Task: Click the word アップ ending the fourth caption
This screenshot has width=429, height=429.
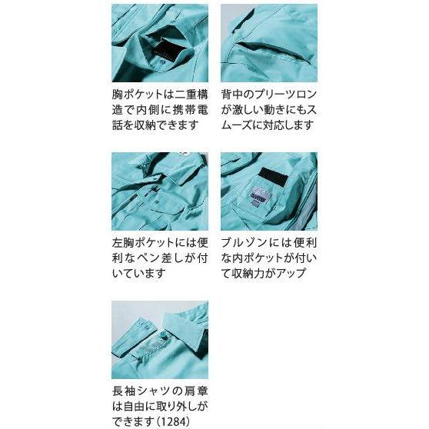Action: [x=295, y=272]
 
